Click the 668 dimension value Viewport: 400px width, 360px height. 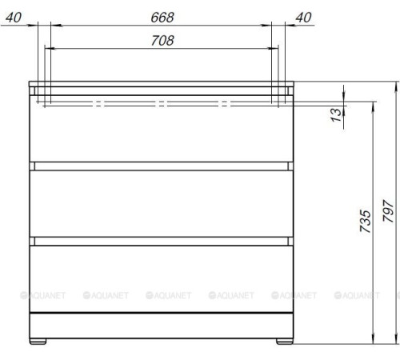[164, 17]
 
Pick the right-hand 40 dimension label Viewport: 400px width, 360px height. [304, 17]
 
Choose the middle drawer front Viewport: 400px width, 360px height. [160, 202]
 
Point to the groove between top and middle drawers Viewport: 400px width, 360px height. [160, 166]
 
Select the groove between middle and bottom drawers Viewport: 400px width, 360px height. [160, 239]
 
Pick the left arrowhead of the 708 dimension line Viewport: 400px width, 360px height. [48, 49]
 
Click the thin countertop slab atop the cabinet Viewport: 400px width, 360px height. [160, 83]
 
